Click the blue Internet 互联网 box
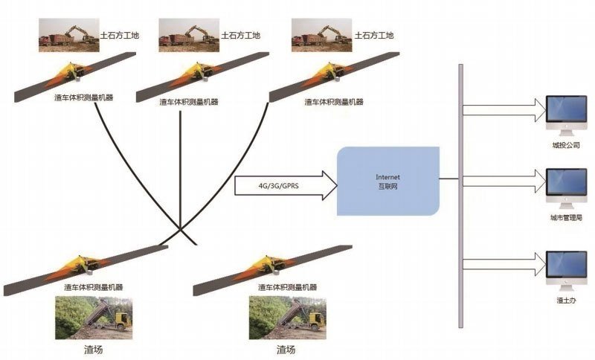click(388, 181)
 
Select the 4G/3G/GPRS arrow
click(286, 185)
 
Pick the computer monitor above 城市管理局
click(566, 188)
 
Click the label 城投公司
click(566, 145)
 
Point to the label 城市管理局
click(566, 218)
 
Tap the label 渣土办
click(566, 300)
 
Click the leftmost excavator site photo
click(69, 35)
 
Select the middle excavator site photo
click(189, 35)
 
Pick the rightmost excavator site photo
click(322, 35)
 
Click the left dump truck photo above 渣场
click(94, 318)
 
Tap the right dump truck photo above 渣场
click(287, 318)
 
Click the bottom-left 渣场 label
click(94, 350)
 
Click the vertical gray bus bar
click(460, 196)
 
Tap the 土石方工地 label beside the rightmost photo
click(374, 36)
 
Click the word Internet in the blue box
click(387, 177)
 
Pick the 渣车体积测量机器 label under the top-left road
click(84, 97)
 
